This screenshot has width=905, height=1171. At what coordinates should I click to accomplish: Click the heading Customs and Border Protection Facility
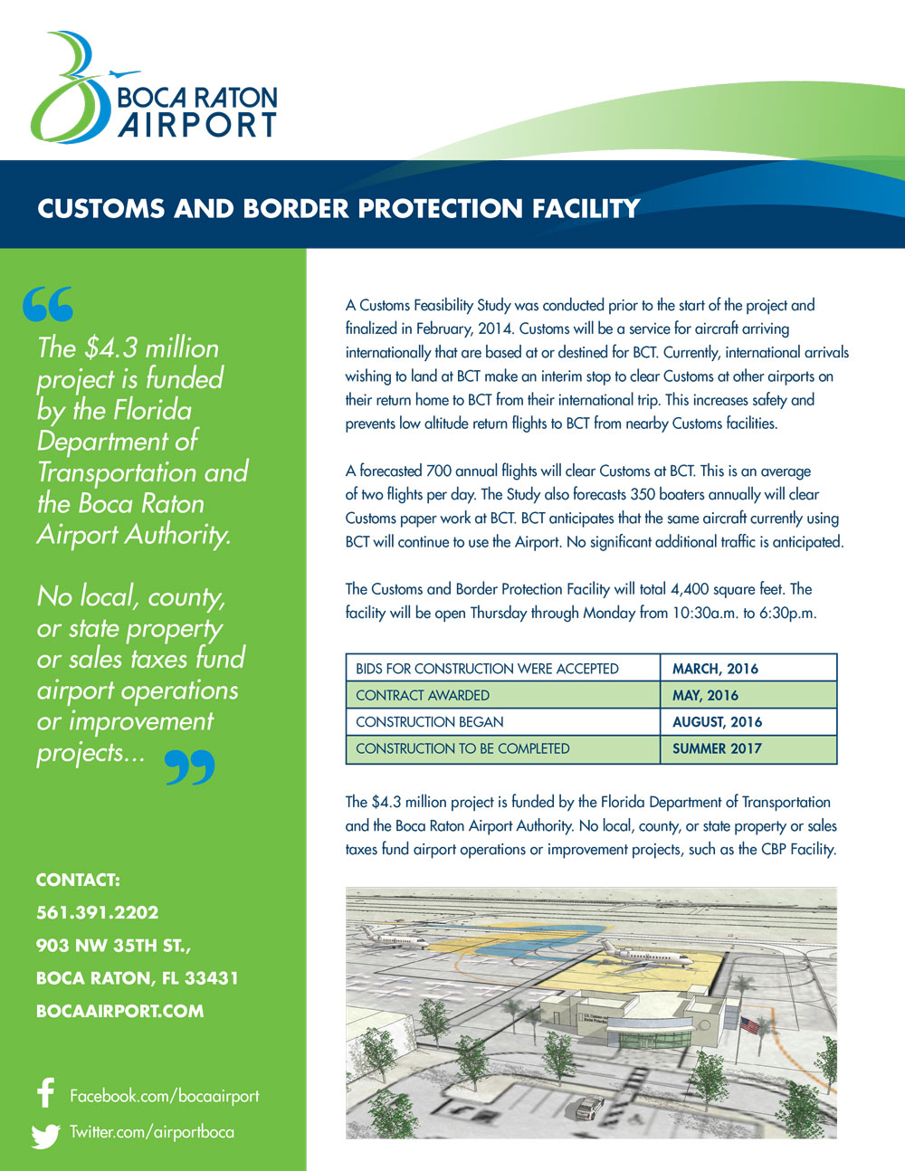click(x=338, y=209)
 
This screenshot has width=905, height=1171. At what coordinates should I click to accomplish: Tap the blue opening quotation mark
click(x=48, y=305)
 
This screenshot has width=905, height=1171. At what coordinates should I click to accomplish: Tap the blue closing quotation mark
click(x=190, y=766)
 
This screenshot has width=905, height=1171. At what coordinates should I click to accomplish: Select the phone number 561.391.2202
click(x=97, y=912)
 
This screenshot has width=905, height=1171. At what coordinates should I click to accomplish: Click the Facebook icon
click(x=46, y=1093)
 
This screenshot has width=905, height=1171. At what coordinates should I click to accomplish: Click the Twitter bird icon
click(x=45, y=1135)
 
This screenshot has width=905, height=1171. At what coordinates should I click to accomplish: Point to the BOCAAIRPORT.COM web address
click(x=119, y=1011)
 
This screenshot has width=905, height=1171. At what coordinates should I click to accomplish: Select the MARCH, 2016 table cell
click(x=748, y=669)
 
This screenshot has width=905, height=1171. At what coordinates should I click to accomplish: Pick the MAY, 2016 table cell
click(x=748, y=695)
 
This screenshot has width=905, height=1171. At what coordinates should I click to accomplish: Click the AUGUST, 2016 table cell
click(x=748, y=722)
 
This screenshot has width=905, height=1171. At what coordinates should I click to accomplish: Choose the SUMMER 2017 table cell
click(x=748, y=748)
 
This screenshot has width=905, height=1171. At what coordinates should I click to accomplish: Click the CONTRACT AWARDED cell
click(x=502, y=695)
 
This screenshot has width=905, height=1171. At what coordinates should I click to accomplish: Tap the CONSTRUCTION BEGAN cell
click(x=502, y=722)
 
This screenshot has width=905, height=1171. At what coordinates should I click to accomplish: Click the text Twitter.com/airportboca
click(x=152, y=1132)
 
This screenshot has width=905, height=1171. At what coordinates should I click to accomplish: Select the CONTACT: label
click(x=78, y=880)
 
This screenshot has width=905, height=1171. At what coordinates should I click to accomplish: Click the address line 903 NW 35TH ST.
click(x=113, y=946)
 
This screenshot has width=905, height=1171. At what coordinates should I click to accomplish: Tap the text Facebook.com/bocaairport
click(x=164, y=1096)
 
